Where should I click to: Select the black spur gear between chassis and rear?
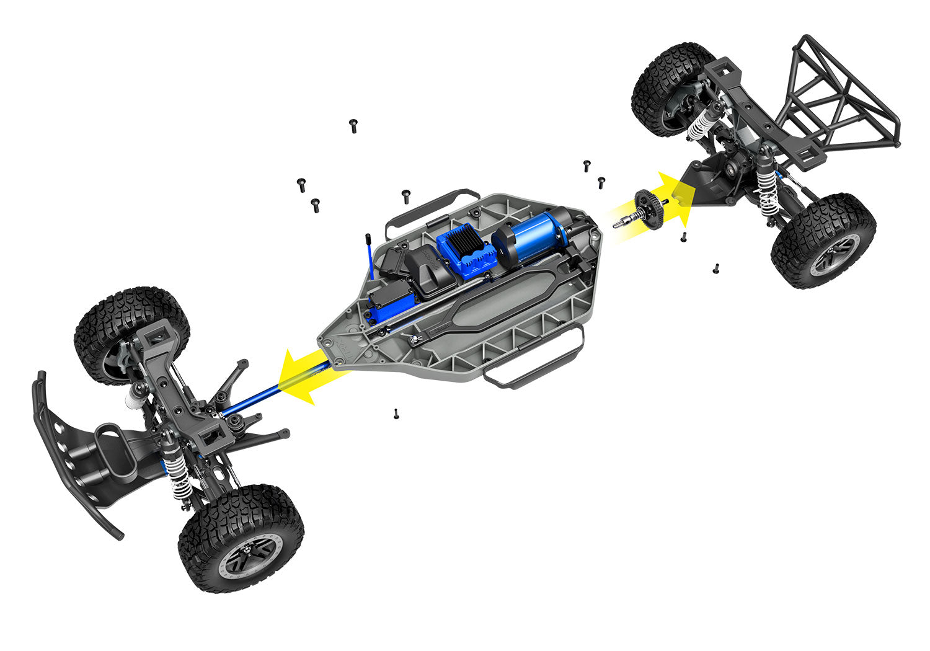(x=649, y=208)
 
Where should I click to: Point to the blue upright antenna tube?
(x=369, y=260)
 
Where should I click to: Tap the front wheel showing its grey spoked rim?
(x=242, y=539)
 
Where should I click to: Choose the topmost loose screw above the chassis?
(x=353, y=126)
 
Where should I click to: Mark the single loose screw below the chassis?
(x=395, y=414)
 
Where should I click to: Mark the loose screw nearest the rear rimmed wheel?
(x=716, y=268)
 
